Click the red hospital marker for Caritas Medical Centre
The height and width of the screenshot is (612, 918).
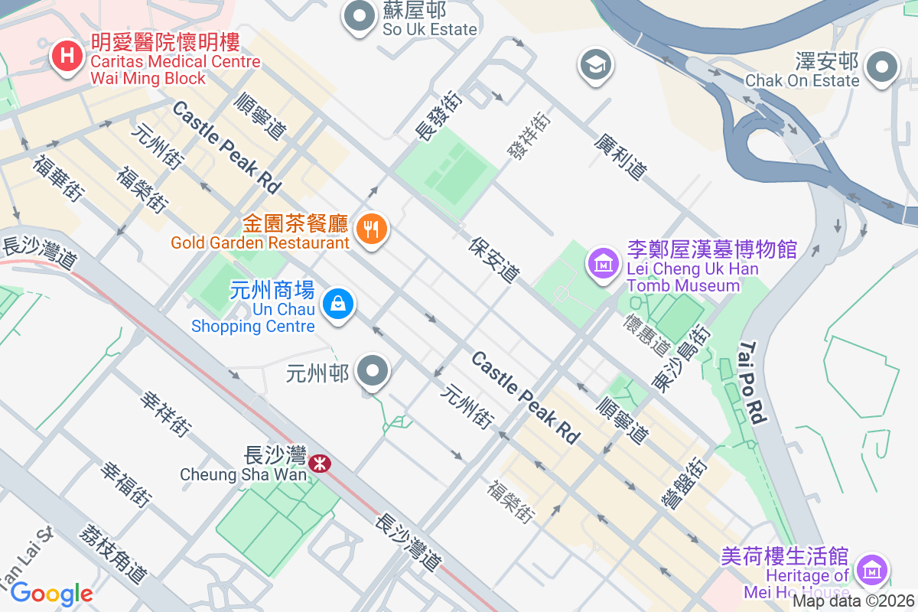[x=67, y=57]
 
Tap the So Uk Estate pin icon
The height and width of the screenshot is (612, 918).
[x=356, y=18]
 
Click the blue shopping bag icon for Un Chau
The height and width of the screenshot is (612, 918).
[x=337, y=304]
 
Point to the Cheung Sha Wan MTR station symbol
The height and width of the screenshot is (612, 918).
[x=320, y=463]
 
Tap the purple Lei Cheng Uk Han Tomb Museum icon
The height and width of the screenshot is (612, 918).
[x=602, y=264]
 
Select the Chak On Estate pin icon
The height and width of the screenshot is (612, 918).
[x=884, y=67]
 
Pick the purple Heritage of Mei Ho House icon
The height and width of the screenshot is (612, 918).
[x=871, y=570]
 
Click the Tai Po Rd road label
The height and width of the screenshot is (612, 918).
[x=752, y=382]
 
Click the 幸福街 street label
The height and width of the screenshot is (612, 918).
[x=123, y=484]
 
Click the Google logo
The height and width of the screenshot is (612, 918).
[x=51, y=593]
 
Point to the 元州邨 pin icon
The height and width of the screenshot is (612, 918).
[x=373, y=372]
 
